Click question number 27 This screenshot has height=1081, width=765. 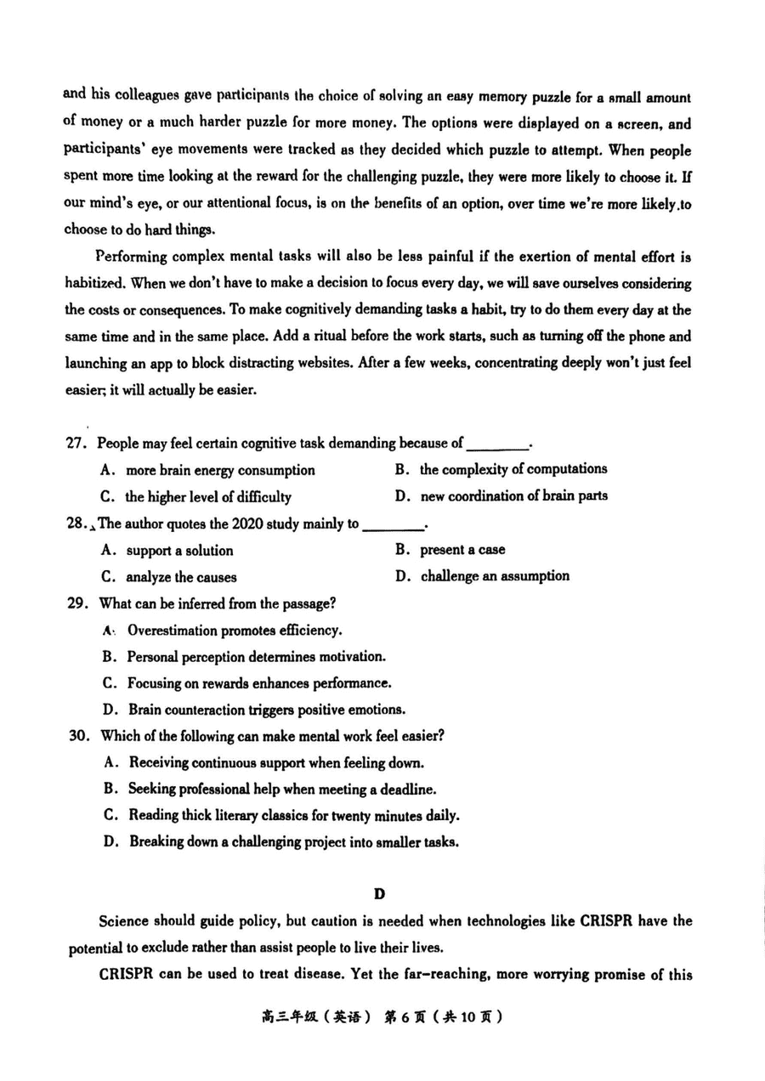tap(77, 443)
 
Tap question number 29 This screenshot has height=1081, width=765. tap(77, 603)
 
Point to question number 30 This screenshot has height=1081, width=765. tap(78, 735)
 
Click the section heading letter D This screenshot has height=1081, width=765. tap(379, 893)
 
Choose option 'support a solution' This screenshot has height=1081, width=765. tap(178, 550)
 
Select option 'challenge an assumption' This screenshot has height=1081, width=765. tap(494, 576)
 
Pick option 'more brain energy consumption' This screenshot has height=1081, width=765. tap(219, 470)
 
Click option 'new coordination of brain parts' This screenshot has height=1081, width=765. tap(513, 496)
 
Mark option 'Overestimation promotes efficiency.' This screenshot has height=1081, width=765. tap(234, 630)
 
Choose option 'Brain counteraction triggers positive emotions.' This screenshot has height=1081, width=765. tap(266, 710)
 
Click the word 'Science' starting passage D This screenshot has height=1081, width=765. tap(124, 921)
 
